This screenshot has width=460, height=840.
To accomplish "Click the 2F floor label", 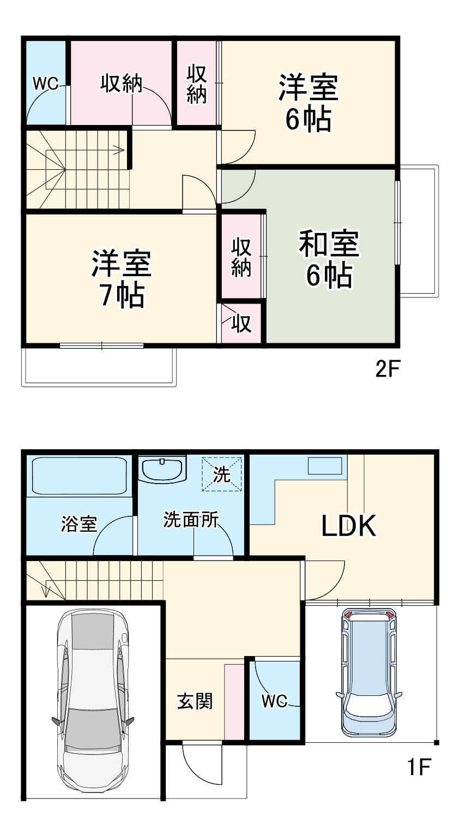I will (388, 370).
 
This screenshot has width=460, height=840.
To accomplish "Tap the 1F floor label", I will (419, 768).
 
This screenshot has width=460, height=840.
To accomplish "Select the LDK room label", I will (348, 526).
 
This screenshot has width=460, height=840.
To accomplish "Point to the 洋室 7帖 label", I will (121, 279).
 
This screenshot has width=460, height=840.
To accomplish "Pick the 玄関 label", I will (195, 701).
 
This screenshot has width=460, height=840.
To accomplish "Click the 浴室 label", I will (79, 524).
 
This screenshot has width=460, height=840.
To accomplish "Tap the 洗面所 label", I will (191, 520).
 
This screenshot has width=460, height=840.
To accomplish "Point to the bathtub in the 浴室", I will (80, 475).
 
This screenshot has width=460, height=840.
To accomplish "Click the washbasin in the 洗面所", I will (162, 469).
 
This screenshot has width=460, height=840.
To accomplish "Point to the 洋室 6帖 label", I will (308, 103).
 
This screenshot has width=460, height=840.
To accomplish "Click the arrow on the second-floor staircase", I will (118, 150).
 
